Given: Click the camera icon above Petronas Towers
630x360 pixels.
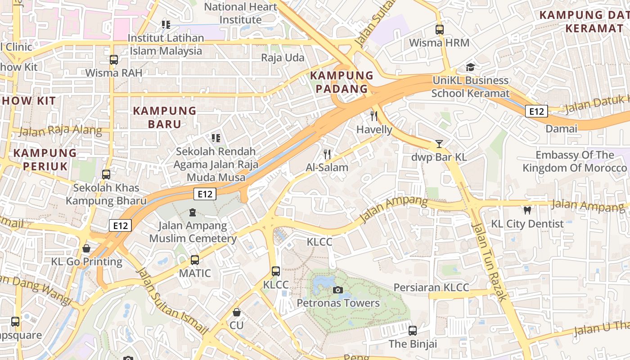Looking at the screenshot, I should (x=337, y=290).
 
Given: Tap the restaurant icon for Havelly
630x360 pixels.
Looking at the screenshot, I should (x=374, y=116).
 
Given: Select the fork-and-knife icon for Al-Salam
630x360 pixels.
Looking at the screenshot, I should (x=327, y=154).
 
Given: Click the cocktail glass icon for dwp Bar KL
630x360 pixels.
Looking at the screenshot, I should (x=439, y=144).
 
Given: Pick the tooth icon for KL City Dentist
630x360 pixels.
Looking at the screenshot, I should (x=527, y=210).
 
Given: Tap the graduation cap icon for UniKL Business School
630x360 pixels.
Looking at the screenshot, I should (x=470, y=67).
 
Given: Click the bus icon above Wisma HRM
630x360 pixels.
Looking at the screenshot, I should (x=439, y=30).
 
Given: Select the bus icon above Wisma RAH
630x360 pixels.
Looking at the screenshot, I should (x=113, y=59).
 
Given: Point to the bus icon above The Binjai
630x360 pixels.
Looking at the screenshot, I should (x=413, y=331).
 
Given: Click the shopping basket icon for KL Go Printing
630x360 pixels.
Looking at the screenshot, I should (x=86, y=248).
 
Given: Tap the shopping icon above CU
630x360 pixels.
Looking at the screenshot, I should (x=236, y=312).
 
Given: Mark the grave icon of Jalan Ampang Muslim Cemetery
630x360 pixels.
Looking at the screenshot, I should (x=193, y=212).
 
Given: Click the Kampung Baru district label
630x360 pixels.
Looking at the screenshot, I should (x=165, y=117).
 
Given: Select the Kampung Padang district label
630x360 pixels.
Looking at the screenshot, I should (x=342, y=82).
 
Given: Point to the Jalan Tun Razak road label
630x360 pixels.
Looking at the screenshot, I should (x=490, y=261).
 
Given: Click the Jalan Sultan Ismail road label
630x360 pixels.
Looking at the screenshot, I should (x=171, y=301).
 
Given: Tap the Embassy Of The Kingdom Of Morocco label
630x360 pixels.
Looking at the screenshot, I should (x=574, y=162).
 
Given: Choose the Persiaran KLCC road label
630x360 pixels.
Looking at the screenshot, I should (x=431, y=288).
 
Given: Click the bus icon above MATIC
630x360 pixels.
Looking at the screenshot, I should (x=194, y=260).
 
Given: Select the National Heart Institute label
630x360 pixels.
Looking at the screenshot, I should (x=240, y=13).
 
